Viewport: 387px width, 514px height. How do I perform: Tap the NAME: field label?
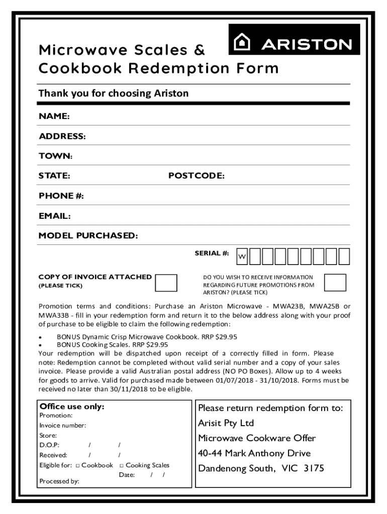point(54,116)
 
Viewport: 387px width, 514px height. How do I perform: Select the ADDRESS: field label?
point(62,137)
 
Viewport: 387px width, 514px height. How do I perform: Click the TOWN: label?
point(55,156)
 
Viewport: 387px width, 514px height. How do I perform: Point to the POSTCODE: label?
point(196,176)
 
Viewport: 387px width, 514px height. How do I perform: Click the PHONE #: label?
point(61,196)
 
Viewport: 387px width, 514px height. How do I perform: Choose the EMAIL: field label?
point(54,216)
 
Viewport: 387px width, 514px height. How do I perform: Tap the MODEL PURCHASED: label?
point(88,236)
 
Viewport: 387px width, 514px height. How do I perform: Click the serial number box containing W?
point(242,256)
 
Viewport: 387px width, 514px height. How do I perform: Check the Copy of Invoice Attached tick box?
point(166,283)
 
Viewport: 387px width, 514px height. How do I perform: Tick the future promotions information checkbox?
point(335,283)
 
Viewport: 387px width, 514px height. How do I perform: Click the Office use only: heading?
point(72,407)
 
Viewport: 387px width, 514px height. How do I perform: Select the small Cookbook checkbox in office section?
point(78,466)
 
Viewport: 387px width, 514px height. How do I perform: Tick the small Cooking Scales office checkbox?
point(122,466)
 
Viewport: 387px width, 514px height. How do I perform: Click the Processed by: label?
point(59,481)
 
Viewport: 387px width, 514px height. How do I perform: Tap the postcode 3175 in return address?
point(314,469)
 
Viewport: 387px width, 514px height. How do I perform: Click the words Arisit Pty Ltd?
point(226,423)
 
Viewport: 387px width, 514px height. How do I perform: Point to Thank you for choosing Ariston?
point(114,93)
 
